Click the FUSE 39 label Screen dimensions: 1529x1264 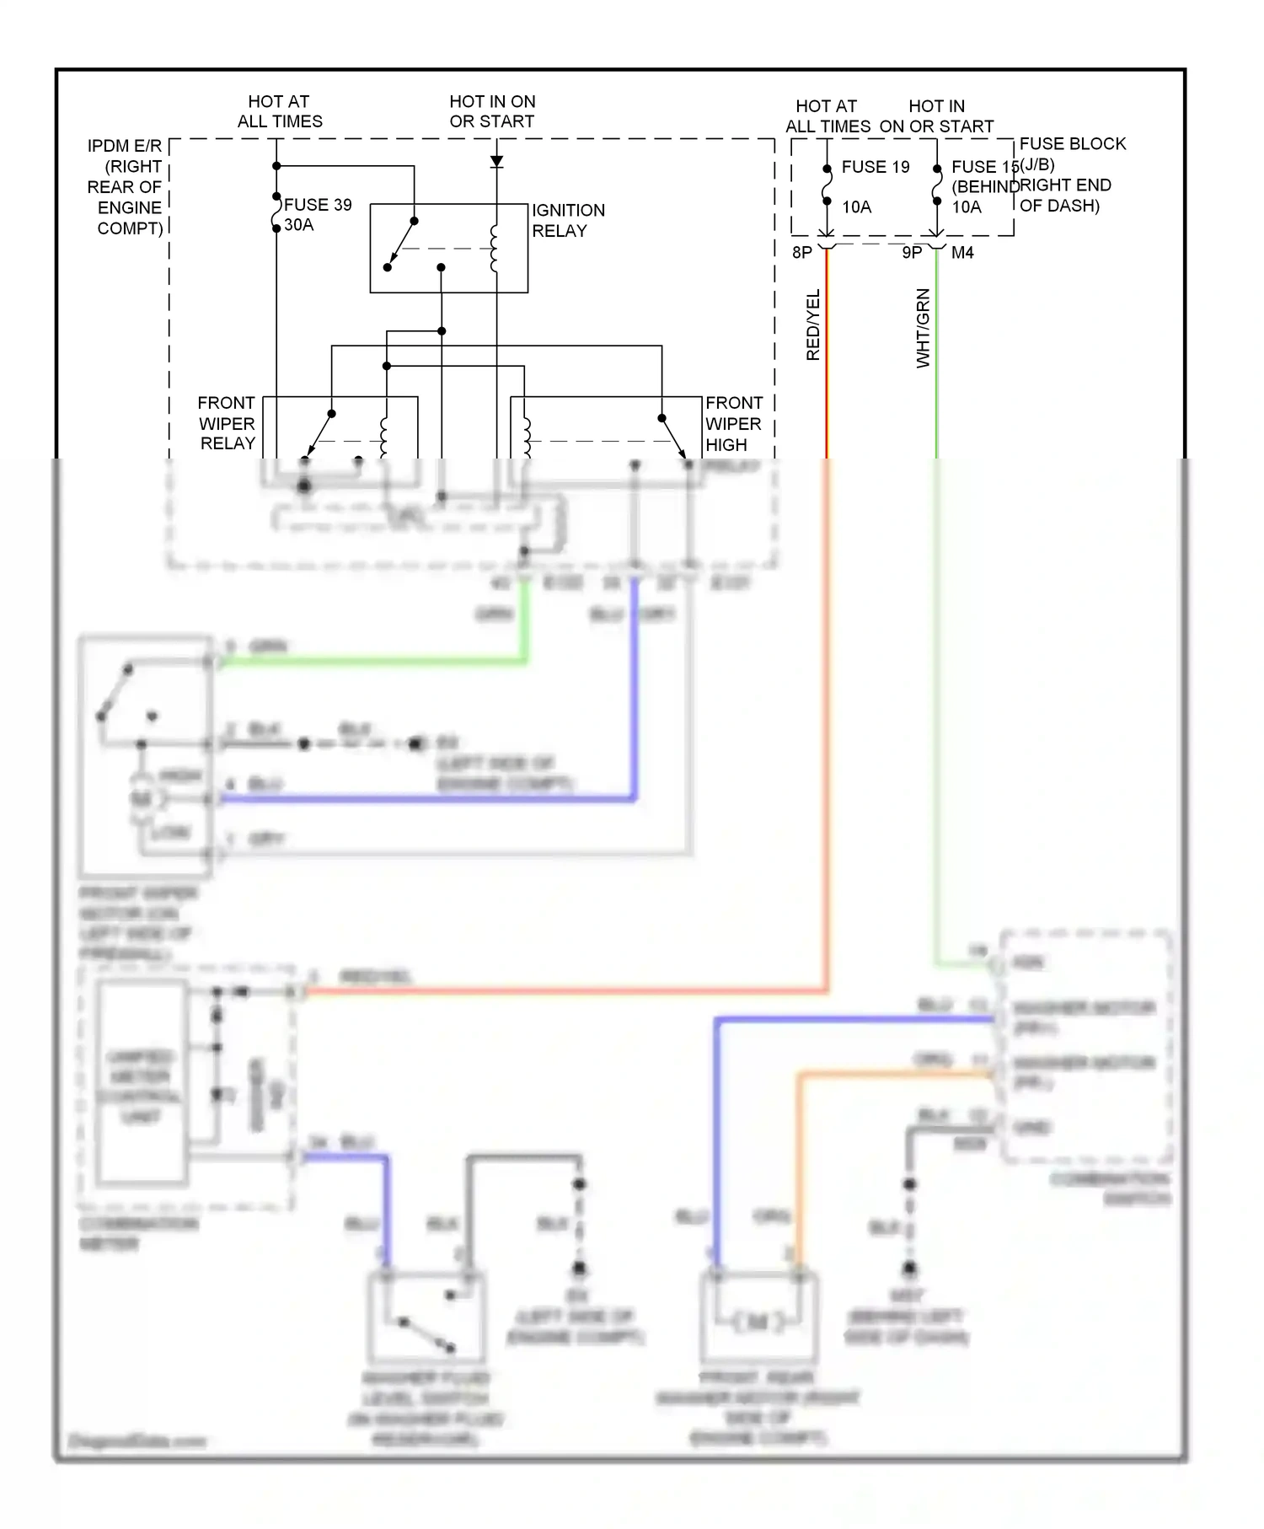[x=318, y=205]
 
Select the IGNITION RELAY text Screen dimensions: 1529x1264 [x=567, y=220]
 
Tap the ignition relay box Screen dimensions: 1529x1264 [x=448, y=248]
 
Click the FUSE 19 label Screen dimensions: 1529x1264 [x=876, y=167]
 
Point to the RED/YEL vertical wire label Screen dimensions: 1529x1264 [x=813, y=325]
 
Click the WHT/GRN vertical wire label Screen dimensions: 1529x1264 [x=924, y=328]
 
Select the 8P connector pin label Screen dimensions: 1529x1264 [x=801, y=252]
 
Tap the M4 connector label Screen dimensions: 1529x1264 [x=962, y=252]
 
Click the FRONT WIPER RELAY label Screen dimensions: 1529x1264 [x=227, y=423]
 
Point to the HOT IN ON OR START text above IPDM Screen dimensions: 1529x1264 [x=492, y=111]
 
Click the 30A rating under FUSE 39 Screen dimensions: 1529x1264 [x=299, y=225]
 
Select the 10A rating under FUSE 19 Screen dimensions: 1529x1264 [x=856, y=207]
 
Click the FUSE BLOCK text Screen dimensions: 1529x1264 [x=1072, y=144]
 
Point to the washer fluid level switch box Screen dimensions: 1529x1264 [x=426, y=1319]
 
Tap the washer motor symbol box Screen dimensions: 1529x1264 [x=758, y=1319]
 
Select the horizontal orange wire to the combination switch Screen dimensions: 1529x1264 [x=893, y=1074]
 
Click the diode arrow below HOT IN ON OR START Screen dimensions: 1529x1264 [x=496, y=161]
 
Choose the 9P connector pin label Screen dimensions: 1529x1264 [x=912, y=252]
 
